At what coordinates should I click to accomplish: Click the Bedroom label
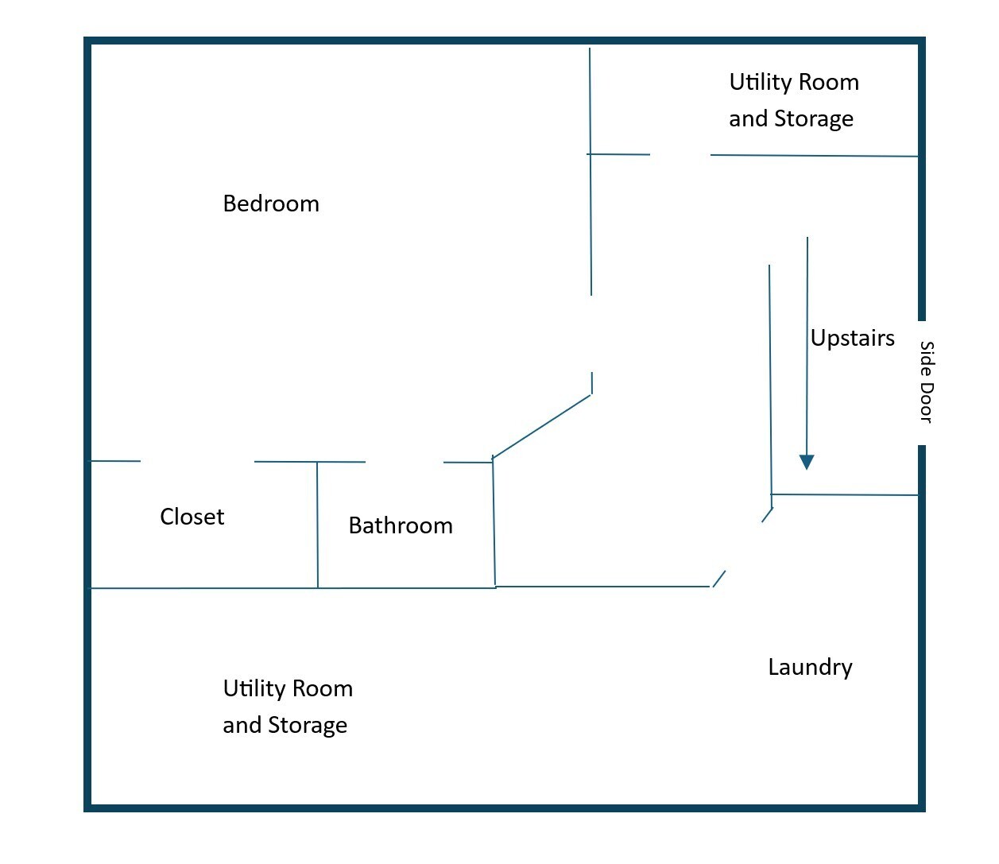click(271, 204)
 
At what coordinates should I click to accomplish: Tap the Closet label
click(192, 517)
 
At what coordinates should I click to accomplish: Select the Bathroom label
click(401, 526)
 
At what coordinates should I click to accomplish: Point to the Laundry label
click(810, 668)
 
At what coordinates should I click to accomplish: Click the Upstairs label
click(852, 339)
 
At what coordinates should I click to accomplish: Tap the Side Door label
click(926, 382)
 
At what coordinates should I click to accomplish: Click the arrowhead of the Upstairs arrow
click(807, 462)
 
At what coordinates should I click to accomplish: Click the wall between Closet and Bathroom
click(318, 525)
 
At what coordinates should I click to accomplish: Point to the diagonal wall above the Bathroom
click(542, 426)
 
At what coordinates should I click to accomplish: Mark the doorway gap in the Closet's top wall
click(197, 461)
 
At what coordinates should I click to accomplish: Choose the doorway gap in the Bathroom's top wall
click(404, 462)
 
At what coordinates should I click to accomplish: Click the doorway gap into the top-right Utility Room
click(680, 155)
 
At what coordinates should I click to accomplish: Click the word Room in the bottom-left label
click(320, 688)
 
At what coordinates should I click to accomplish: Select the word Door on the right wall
click(926, 403)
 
